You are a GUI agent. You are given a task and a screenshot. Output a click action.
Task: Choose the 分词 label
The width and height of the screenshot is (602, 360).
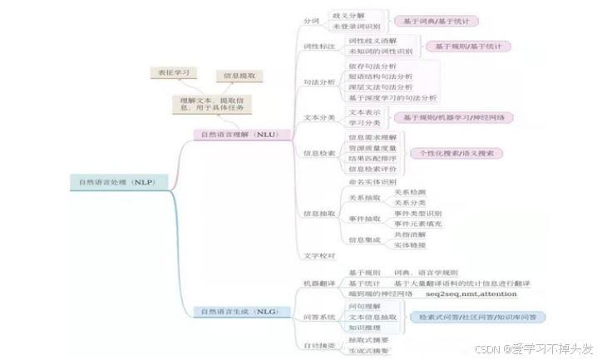click(x=311, y=20)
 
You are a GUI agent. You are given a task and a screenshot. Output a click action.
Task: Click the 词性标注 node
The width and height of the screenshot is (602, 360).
click(x=318, y=47)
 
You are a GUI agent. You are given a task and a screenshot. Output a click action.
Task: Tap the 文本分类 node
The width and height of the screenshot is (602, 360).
click(x=318, y=117)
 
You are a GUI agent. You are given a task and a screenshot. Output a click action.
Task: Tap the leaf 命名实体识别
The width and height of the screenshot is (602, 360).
click(x=373, y=181)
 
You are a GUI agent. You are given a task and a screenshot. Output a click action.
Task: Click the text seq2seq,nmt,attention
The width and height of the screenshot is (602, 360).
click(x=470, y=294)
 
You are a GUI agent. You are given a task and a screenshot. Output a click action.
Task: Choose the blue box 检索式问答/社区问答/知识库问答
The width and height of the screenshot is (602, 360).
click(x=477, y=318)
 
